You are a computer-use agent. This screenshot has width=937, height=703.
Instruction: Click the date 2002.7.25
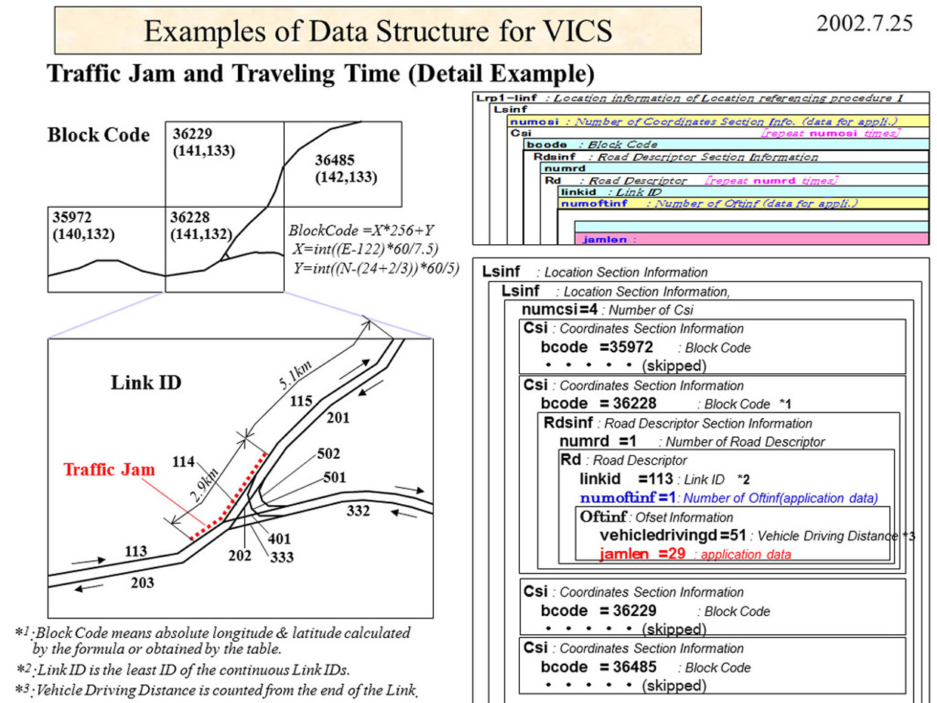click(x=864, y=23)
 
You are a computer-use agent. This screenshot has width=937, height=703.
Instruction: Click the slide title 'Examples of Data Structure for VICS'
click(x=378, y=31)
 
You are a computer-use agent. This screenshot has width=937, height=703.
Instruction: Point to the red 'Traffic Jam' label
click(x=109, y=469)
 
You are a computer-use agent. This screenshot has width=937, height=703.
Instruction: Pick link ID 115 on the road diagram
click(x=301, y=401)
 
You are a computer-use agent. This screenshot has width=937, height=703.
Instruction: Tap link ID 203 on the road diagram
click(x=142, y=582)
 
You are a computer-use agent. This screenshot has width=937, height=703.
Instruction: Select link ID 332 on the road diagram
click(x=357, y=511)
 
